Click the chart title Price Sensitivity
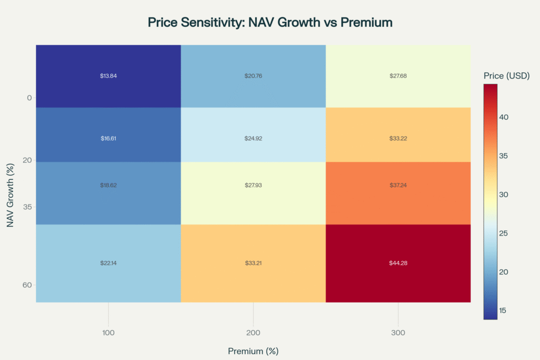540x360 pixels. coord(270,23)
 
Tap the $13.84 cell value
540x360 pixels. coord(108,76)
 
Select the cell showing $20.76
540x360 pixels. coord(253,76)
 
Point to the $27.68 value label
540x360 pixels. coord(398,76)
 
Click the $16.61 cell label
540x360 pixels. coord(108,138)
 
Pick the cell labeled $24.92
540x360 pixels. coord(253,138)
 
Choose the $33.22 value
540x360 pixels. coord(398,138)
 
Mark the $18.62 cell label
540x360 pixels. coord(108,186)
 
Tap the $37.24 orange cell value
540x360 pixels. coord(398,186)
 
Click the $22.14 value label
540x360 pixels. coord(108,262)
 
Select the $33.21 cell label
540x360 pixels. coord(253,262)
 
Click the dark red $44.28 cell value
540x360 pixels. coord(398,262)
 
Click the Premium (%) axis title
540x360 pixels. coord(253,351)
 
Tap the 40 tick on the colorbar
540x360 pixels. coord(504,117)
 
